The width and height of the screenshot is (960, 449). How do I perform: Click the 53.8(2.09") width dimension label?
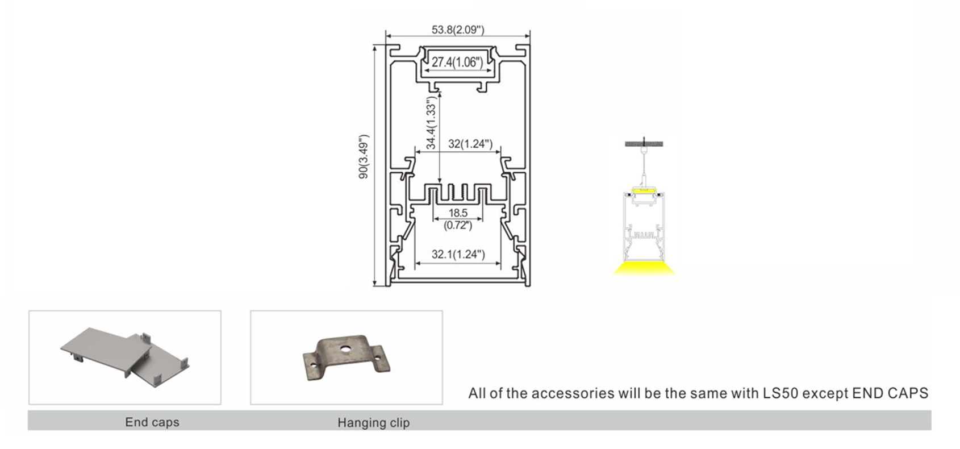458,30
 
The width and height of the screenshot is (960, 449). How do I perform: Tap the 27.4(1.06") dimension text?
457,62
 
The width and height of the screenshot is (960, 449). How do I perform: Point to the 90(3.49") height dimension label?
364,157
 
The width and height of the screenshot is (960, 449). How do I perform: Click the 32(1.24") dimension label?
470,144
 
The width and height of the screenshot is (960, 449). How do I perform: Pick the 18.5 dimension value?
458,213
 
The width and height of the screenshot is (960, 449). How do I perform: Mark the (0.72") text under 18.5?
458,225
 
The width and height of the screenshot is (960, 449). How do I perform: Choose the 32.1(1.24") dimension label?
458,254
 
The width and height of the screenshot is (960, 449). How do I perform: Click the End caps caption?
152,422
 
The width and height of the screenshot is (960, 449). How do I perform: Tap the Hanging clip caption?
373,423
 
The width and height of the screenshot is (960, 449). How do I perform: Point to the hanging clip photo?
347,357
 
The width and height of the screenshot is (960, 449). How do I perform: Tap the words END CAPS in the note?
890,393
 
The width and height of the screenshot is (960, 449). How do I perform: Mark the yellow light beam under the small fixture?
644,268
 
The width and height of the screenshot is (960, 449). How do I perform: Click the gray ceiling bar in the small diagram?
644,144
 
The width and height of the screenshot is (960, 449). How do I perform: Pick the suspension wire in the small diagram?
644,165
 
